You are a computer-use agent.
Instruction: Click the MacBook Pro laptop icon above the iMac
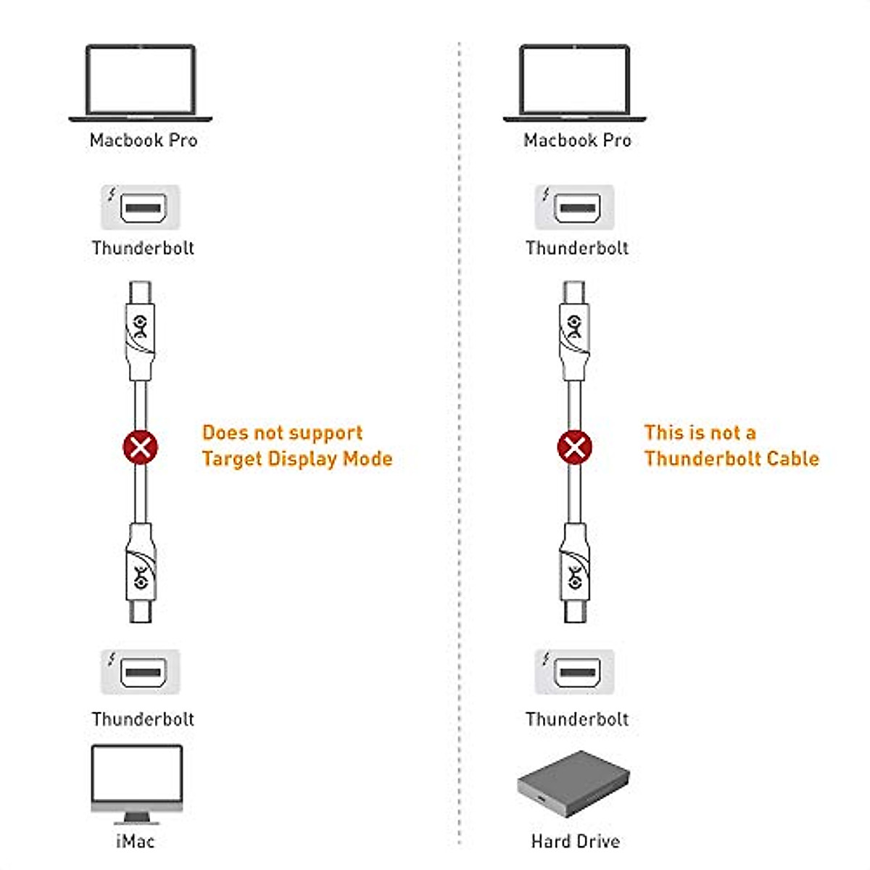(x=141, y=82)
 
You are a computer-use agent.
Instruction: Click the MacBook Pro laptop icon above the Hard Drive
(x=575, y=82)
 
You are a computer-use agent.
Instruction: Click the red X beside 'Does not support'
(x=141, y=447)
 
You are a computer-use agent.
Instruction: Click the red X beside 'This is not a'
(x=575, y=447)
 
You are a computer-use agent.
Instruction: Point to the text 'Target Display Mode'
(x=297, y=459)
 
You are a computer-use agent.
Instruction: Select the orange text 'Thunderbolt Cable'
(x=732, y=459)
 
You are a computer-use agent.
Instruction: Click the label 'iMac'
(x=136, y=841)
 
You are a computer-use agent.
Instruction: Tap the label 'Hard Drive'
(x=576, y=841)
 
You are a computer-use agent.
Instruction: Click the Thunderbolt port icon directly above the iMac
(x=141, y=672)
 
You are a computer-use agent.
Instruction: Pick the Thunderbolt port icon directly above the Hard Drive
(x=575, y=672)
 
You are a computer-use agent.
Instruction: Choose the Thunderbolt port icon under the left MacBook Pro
(x=141, y=207)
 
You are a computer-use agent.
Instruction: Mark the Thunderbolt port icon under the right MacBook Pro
(x=575, y=207)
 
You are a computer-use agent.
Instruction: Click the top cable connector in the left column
(x=141, y=330)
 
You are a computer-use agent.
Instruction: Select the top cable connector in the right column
(x=575, y=330)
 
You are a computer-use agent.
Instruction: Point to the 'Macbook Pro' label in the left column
(x=144, y=140)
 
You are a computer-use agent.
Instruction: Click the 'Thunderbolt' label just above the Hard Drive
(x=577, y=719)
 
